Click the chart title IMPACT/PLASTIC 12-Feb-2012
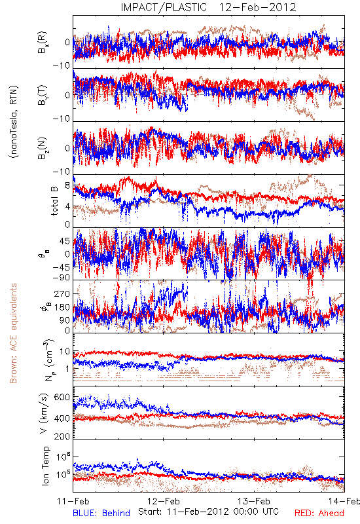point(208,7)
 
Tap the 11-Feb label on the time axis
point(73,501)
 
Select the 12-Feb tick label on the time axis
point(164,501)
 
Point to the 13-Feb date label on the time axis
point(254,501)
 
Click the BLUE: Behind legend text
point(101,513)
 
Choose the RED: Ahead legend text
point(319,513)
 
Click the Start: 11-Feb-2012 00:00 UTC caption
point(209,512)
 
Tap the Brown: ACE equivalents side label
point(13,333)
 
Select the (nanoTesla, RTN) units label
point(14,122)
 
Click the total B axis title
point(54,200)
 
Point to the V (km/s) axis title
point(44,413)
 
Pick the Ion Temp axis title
point(45,466)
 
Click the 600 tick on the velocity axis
point(62,398)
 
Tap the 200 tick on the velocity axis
point(62,436)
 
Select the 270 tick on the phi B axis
point(62,293)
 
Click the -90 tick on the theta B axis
point(62,277)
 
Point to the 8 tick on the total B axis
point(67,185)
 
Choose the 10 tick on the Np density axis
point(65,352)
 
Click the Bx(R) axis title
point(43,42)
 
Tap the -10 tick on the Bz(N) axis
point(62,172)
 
